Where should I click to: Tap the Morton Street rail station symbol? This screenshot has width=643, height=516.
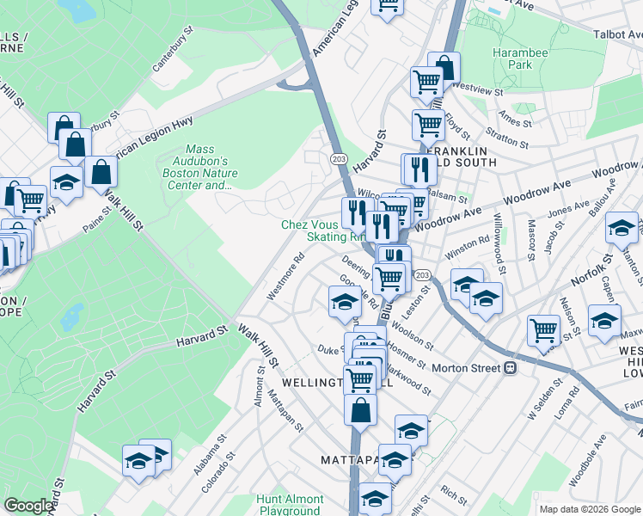[510, 368]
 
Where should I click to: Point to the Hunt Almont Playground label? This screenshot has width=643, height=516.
[290, 505]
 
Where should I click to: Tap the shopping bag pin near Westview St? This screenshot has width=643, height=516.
[444, 67]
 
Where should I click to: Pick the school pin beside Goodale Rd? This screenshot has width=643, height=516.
[344, 301]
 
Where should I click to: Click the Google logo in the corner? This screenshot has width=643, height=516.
[29, 506]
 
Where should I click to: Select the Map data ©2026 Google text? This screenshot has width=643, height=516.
[589, 509]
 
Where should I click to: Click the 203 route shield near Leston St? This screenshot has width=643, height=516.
[421, 274]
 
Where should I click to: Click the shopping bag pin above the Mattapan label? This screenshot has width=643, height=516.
[360, 410]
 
